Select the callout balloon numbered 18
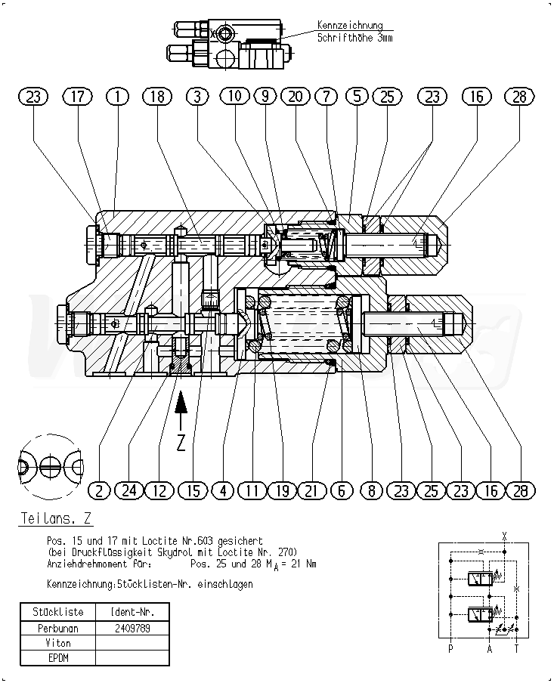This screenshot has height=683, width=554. coord(156,97)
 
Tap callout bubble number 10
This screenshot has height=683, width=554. coord(235,97)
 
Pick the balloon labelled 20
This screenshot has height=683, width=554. coord(296,97)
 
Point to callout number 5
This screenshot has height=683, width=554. coord(356,97)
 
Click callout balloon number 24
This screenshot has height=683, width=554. coord(129,490)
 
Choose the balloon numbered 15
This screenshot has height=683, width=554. coord(194,490)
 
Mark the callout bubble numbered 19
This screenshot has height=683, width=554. coord(282,490)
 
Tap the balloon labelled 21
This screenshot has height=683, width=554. coord(311,490)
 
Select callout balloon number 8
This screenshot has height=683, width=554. coord(371,490)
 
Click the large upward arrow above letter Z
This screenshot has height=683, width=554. coord(181,412)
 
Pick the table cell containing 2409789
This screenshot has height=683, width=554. coord(132,627)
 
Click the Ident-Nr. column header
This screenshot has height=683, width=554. coord(132,612)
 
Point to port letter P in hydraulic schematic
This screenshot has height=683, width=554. coord(450,648)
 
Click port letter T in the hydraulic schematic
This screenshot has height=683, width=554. coord(517,648)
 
